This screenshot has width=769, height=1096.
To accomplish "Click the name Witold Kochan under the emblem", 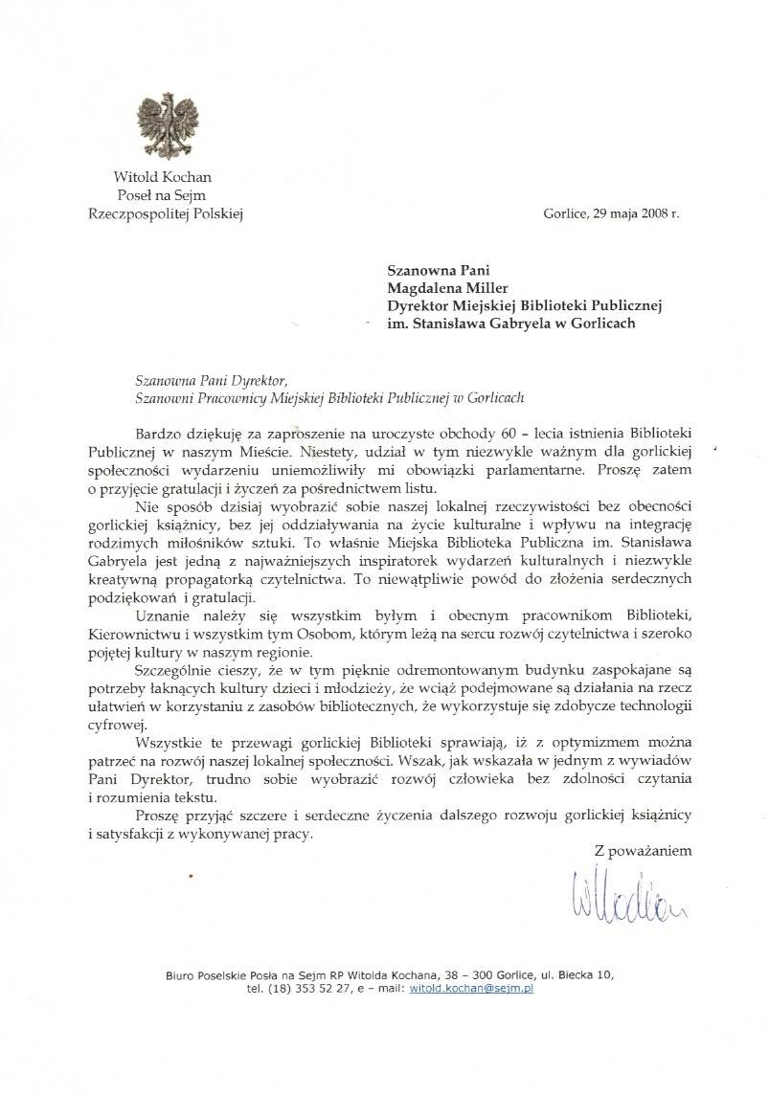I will click(163, 176).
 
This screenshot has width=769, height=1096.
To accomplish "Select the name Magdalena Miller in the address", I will click(440, 286).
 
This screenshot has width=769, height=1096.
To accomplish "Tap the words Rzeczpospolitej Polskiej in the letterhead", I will click(163, 214).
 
